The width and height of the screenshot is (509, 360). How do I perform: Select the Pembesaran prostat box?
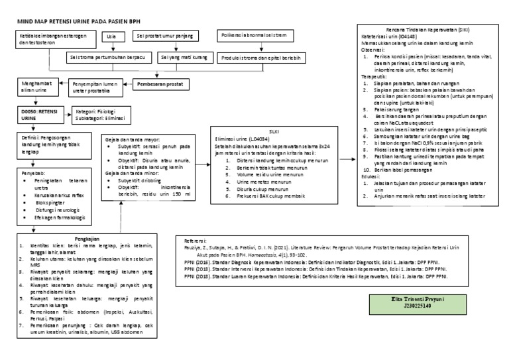pyautogui.click(x=160, y=86)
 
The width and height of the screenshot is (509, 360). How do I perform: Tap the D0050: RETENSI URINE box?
pyautogui.click(x=39, y=113)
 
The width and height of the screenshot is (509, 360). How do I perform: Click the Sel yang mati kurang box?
pyautogui.click(x=183, y=58)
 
